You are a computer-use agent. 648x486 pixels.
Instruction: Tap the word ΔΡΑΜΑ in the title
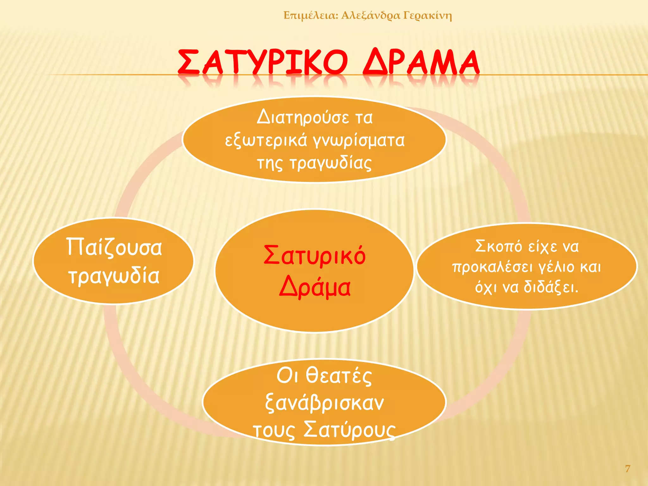421,62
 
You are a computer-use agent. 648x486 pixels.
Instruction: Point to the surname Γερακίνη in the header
427,15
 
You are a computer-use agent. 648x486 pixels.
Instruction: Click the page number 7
627,468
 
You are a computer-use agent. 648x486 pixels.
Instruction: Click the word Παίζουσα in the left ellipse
114,247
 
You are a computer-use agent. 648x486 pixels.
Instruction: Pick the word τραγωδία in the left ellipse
114,276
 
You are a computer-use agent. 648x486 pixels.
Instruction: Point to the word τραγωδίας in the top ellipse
331,164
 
